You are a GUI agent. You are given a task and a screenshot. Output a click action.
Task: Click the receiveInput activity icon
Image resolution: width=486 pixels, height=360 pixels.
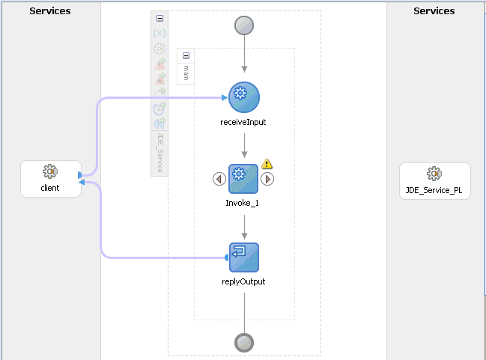coord(244,97)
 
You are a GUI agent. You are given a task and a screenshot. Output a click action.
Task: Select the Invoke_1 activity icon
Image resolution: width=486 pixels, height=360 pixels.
coord(243,179)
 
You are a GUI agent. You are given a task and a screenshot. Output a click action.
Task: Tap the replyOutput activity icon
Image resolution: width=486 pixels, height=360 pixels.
coord(244,257)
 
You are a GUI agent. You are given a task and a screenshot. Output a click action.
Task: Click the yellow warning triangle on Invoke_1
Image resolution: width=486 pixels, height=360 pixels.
coord(267,164)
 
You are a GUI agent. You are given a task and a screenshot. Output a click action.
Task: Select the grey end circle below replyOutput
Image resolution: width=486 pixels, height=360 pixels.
coord(244,342)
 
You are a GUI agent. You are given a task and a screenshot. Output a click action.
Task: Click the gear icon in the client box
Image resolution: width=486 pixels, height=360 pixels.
coord(50,172)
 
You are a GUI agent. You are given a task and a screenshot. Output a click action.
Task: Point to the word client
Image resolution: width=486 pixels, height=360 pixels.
coord(50,188)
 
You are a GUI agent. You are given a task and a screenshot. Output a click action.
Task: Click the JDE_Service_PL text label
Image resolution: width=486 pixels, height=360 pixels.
coord(434,190)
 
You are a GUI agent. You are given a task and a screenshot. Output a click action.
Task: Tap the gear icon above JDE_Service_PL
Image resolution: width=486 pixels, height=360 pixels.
coord(434,174)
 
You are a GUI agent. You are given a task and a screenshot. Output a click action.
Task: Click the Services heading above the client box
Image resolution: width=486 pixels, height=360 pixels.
coord(50,11)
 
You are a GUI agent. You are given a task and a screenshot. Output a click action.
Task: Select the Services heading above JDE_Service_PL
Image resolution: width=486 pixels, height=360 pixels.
coord(434,11)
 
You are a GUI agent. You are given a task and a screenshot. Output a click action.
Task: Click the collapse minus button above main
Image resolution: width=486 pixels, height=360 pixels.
coord(186,55)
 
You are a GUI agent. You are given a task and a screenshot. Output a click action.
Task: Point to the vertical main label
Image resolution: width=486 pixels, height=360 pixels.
coord(186,73)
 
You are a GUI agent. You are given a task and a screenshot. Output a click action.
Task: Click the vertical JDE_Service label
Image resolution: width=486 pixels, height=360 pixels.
coord(160,153)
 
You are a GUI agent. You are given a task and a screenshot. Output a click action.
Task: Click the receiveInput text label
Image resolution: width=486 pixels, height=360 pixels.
coord(244,122)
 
